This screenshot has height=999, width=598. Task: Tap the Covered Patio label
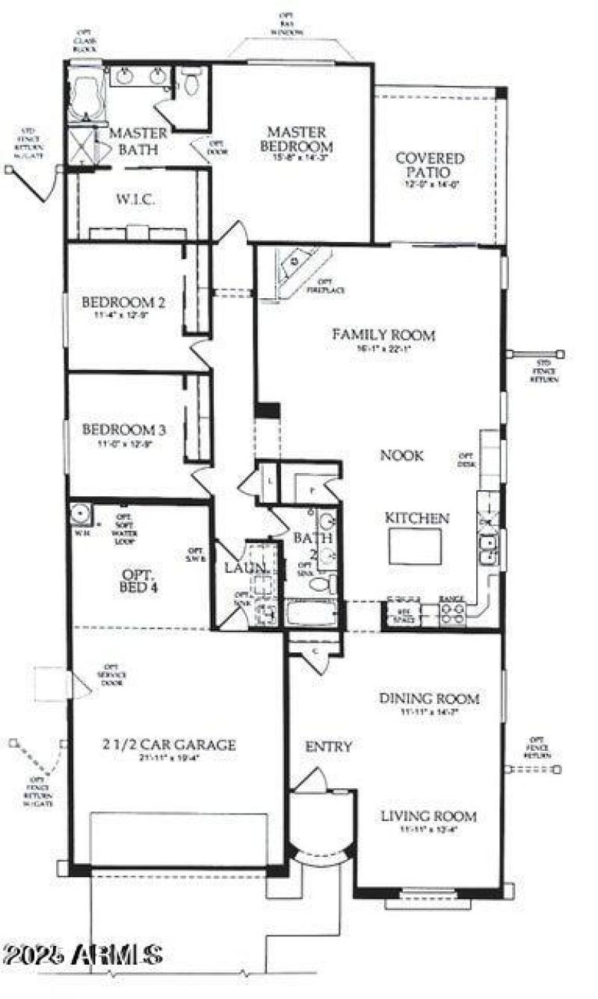tap(430, 165)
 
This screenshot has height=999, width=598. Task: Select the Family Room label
tap(383, 335)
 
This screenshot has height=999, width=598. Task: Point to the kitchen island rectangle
tap(414, 546)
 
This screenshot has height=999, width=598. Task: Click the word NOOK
tap(402, 455)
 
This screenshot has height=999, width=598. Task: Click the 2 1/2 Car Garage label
tap(170, 744)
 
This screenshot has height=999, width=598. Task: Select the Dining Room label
tap(429, 699)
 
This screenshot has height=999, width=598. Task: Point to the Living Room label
tap(428, 816)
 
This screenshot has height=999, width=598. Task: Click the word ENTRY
tap(328, 746)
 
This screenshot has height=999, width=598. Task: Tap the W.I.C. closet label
tap(135, 200)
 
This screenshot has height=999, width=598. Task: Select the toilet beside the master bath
tap(192, 82)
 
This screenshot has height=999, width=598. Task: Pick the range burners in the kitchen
tap(453, 613)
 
